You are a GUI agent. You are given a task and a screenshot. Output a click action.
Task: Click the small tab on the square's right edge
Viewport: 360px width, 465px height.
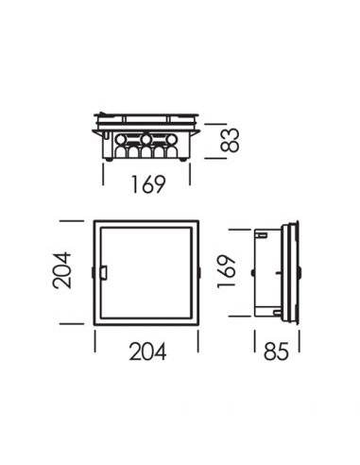point(199,274)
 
